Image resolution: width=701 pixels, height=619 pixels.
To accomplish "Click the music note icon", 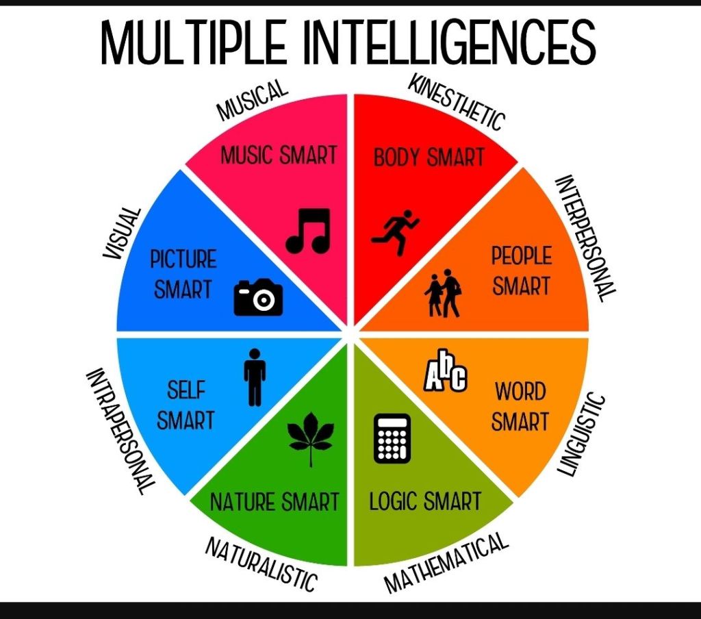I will [x=308, y=231].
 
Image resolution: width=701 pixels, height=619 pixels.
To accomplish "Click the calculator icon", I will [x=392, y=438].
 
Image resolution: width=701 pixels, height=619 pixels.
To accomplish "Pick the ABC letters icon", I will [x=446, y=375].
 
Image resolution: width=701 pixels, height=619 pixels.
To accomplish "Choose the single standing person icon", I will [x=255, y=377].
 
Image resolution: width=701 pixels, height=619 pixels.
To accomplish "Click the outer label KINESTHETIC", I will [x=457, y=103].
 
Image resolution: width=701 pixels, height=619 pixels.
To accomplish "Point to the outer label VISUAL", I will [x=123, y=233].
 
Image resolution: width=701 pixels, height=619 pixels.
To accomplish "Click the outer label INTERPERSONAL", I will [x=584, y=238].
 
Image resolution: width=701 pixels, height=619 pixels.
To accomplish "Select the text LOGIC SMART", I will [x=425, y=501].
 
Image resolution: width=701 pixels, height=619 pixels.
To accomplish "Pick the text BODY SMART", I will [x=429, y=158].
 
